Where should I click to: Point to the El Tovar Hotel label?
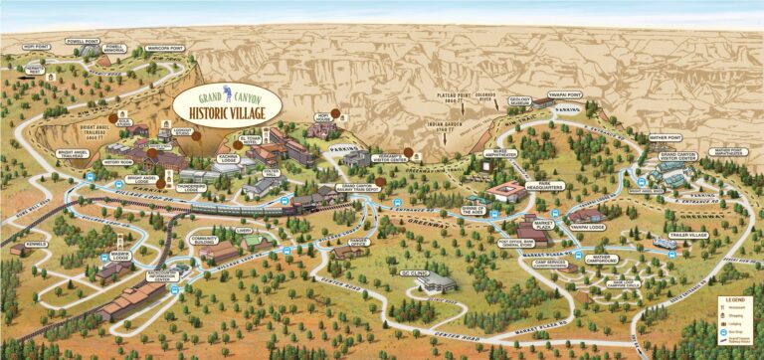(249, 140)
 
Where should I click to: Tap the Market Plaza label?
(542, 227)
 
